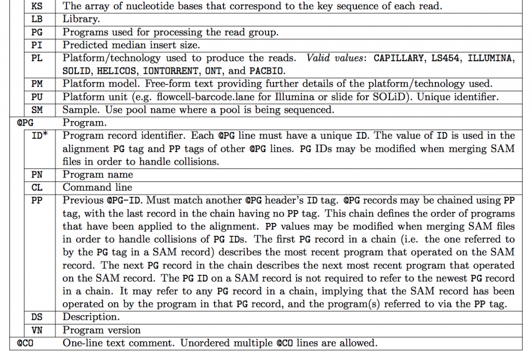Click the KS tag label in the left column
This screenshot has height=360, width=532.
tap(37, 7)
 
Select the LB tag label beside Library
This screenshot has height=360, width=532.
tap(37, 19)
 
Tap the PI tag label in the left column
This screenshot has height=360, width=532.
tap(37, 45)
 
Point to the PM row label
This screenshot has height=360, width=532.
tap(37, 84)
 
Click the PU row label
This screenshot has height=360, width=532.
tap(37, 97)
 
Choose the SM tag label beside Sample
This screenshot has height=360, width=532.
tap(37, 110)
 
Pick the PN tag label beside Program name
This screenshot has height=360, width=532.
tap(37, 175)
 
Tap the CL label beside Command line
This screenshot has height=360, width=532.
tap(37, 188)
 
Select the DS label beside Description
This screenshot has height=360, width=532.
tap(37, 317)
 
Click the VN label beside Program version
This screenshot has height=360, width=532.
tap(37, 330)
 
